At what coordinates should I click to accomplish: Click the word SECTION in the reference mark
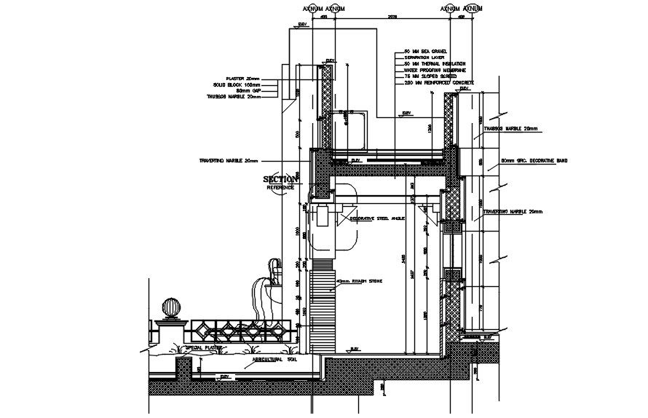tap(280, 179)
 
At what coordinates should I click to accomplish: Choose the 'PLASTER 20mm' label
tap(242, 78)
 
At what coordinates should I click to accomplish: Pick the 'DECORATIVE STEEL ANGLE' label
tap(377, 218)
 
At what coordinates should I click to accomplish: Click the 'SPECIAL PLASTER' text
tap(203, 348)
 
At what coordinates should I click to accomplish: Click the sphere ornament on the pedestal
tap(171, 307)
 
